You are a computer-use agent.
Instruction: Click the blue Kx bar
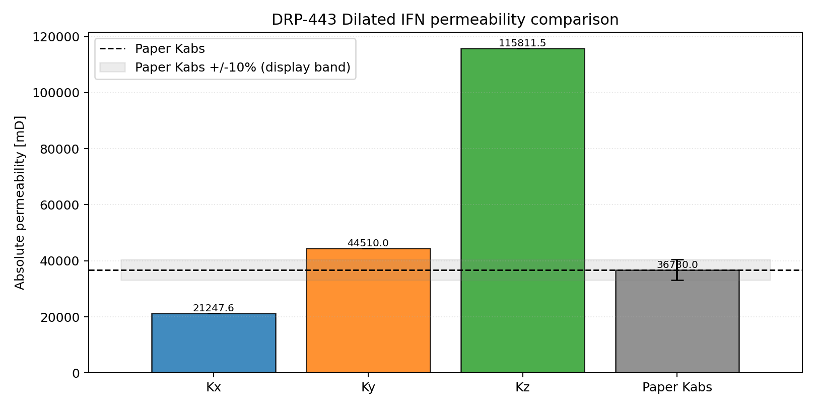tap(214, 343)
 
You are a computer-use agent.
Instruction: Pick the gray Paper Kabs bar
tap(677, 322)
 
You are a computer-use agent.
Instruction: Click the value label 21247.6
tap(214, 308)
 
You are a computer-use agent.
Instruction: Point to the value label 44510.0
tap(368, 243)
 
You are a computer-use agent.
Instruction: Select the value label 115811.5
tap(522, 43)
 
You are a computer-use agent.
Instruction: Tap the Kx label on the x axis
tap(214, 387)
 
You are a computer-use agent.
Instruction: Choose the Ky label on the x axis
tap(368, 387)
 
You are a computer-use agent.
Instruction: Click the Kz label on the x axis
tap(522, 387)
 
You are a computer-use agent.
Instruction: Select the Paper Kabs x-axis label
tap(677, 387)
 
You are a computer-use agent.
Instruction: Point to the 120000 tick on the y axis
tap(56, 37)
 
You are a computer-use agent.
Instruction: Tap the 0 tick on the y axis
tap(76, 373)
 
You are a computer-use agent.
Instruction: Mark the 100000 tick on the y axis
tap(56, 93)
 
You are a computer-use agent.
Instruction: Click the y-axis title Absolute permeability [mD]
tap(20, 203)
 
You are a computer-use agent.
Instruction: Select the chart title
tap(445, 20)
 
